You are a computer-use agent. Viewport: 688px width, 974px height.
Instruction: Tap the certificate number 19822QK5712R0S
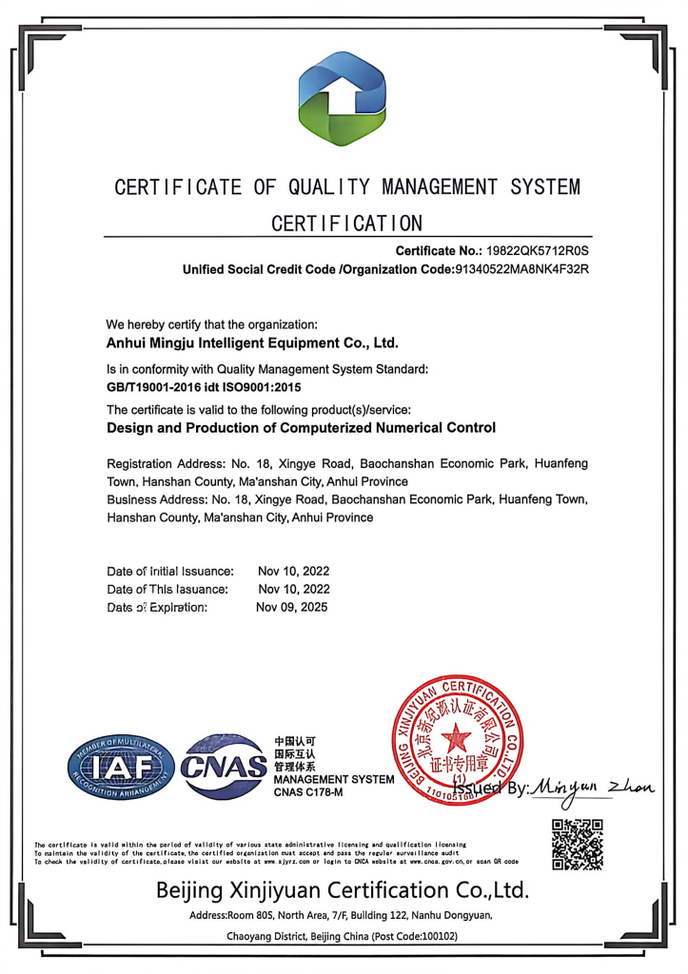coord(540,251)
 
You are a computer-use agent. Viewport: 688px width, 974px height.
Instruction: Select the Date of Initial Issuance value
coord(293,571)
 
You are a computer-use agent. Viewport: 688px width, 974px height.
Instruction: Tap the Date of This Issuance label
coord(167,589)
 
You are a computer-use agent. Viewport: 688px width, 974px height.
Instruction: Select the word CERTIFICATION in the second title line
coord(346,224)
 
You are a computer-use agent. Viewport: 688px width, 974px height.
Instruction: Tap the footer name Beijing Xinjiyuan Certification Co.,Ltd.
coord(343,890)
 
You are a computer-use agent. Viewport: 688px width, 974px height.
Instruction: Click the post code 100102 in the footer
coord(437,936)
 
